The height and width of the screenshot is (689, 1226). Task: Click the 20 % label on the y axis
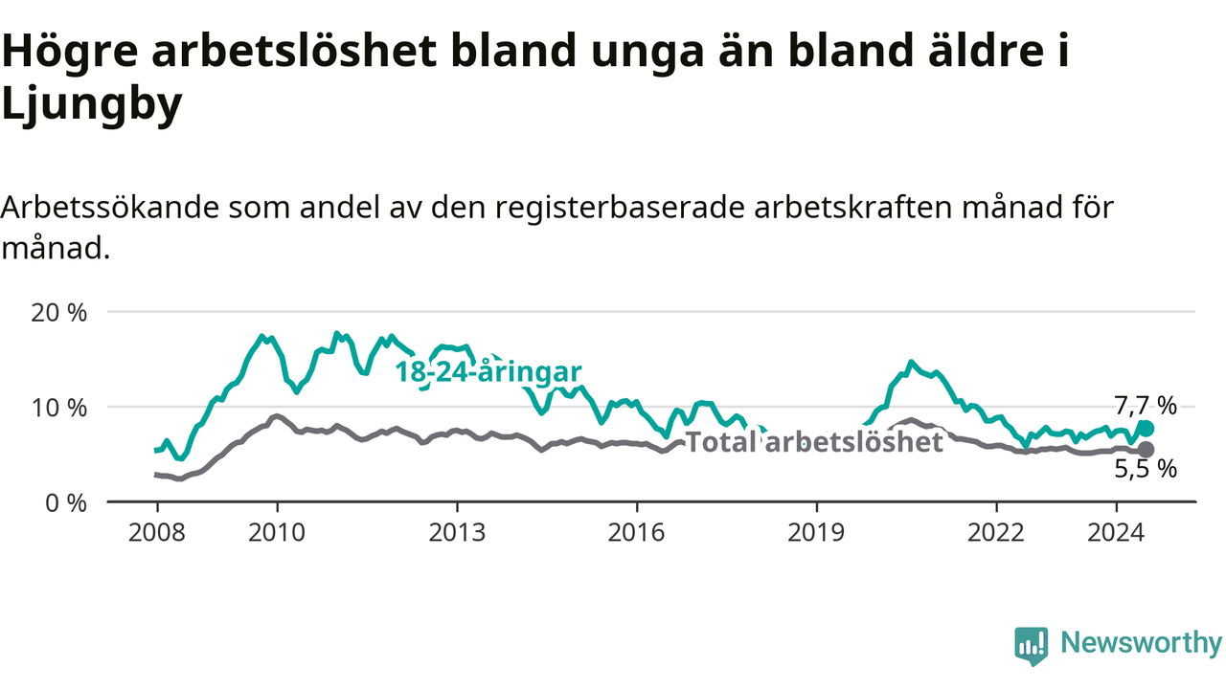coord(59,313)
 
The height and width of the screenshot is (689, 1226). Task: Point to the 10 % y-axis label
coord(59,408)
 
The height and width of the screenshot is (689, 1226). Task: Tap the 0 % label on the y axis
coord(66,503)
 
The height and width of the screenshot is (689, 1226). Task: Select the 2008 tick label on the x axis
coord(157,533)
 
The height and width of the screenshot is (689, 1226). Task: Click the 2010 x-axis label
coord(277,533)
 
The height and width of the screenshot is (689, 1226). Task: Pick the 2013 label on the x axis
coord(457,533)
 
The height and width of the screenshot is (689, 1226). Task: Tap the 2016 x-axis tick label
coord(637,533)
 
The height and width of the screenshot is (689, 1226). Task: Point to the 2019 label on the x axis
coord(817,533)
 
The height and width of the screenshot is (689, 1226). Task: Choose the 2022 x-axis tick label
coord(996,533)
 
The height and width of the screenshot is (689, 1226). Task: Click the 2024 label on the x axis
coord(1116,533)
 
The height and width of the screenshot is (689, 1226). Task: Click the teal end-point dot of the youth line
coord(1146,429)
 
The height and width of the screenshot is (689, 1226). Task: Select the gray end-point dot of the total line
coord(1146,450)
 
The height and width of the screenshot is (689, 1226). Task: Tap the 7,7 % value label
coord(1146,406)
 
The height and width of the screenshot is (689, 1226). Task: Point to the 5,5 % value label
coord(1146,469)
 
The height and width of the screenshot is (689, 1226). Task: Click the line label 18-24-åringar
coord(488,372)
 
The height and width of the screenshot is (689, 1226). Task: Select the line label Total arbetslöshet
coord(814,441)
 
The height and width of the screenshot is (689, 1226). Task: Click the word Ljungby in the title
coord(92,104)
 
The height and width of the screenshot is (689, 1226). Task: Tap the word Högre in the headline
coord(70,51)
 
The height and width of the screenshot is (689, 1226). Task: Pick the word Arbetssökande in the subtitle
coord(110,208)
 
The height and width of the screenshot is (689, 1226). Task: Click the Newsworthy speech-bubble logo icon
coord(1032,646)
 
